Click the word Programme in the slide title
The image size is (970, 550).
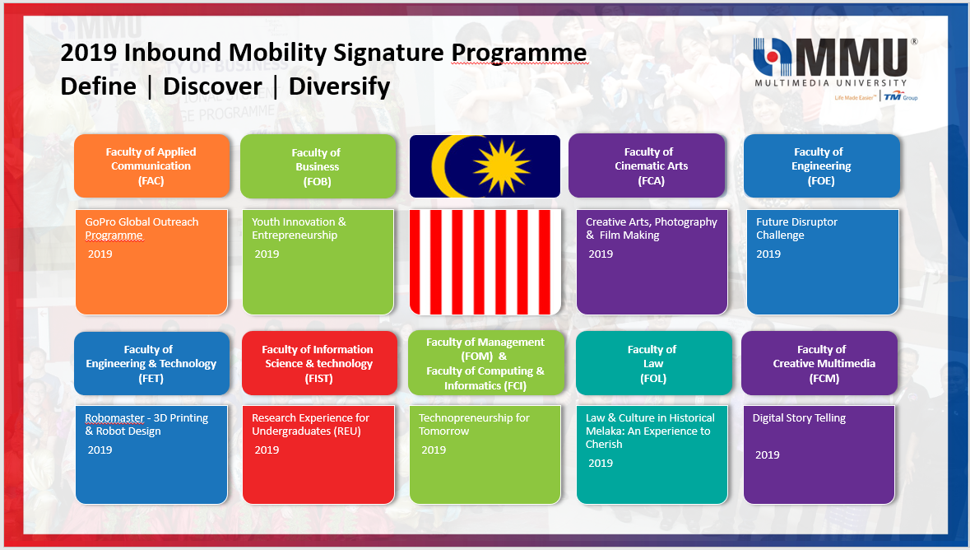pos(518,54)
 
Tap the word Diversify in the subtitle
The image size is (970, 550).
pos(339,86)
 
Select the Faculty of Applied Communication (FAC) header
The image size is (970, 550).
pos(151,166)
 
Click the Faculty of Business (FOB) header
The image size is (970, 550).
pos(318,166)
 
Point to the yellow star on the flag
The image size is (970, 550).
pos(502,166)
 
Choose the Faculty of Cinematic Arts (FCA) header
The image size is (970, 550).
pos(647,165)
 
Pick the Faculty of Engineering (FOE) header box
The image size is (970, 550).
pos(822,166)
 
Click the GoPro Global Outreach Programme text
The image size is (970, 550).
pos(142,229)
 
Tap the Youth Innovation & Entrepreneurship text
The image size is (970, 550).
pos(299,229)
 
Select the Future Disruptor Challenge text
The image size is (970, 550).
pos(796,229)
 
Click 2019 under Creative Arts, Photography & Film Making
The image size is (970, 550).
pos(600,254)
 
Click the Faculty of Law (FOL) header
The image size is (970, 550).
pos(653,364)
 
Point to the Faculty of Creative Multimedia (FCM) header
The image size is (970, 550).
pos(819,364)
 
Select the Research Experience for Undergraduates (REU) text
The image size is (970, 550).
pos(310,424)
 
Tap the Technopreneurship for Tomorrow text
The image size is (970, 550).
pos(474,424)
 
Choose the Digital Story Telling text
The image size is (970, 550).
pos(799,418)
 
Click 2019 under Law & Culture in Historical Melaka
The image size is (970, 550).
pos(600,464)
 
